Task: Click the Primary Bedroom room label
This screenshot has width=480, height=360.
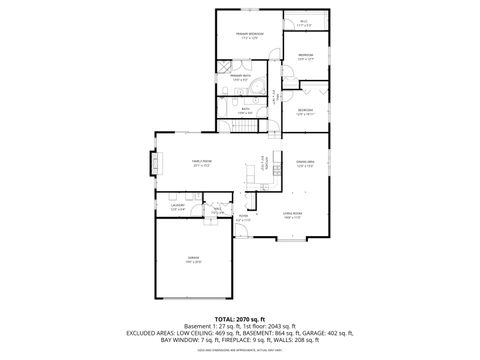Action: [248, 36]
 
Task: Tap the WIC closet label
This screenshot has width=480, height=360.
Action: [303, 21]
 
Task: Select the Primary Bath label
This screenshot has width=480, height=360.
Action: [240, 77]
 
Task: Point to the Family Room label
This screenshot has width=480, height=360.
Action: [202, 163]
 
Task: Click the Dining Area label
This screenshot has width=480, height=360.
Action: [305, 163]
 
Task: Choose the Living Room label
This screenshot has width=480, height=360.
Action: [292, 214]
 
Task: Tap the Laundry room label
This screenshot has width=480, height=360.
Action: [178, 208]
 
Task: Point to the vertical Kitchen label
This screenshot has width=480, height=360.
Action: [264, 162]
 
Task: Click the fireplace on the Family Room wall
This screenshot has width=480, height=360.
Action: [153, 162]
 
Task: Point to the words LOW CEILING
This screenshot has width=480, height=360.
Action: [199, 331]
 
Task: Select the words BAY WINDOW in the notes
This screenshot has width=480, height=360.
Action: [180, 339]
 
